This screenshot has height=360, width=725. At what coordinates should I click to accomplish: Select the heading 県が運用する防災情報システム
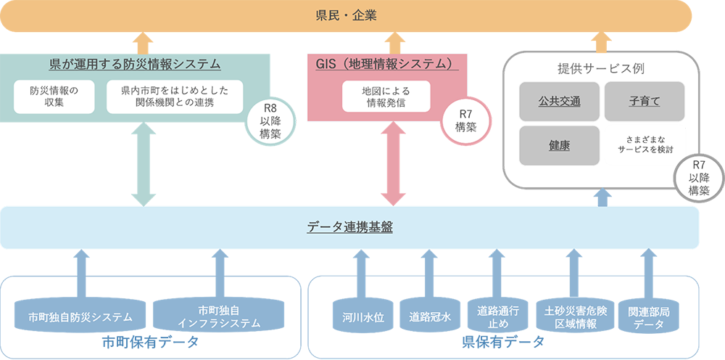(135, 65)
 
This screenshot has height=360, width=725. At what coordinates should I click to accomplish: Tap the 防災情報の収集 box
(54, 97)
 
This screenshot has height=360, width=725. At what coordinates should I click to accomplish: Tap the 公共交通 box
(559, 101)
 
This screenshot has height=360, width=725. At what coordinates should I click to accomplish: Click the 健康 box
(559, 144)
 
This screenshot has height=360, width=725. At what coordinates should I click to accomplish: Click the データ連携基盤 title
(349, 227)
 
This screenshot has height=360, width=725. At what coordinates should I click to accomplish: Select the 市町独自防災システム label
(80, 317)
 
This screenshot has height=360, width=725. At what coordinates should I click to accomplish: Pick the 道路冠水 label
(430, 317)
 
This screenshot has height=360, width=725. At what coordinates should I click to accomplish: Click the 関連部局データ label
(648, 317)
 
